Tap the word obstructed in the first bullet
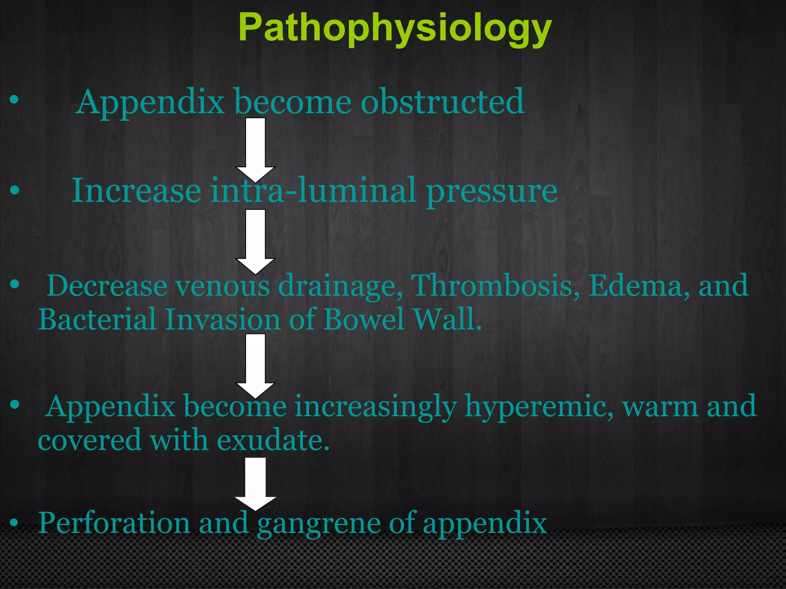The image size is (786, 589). (442, 102)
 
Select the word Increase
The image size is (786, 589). (137, 190)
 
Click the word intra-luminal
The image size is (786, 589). (313, 190)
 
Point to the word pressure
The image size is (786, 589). (492, 191)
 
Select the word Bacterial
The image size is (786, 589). (97, 319)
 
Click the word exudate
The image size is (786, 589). (273, 440)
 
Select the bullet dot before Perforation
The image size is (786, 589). (14, 523)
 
